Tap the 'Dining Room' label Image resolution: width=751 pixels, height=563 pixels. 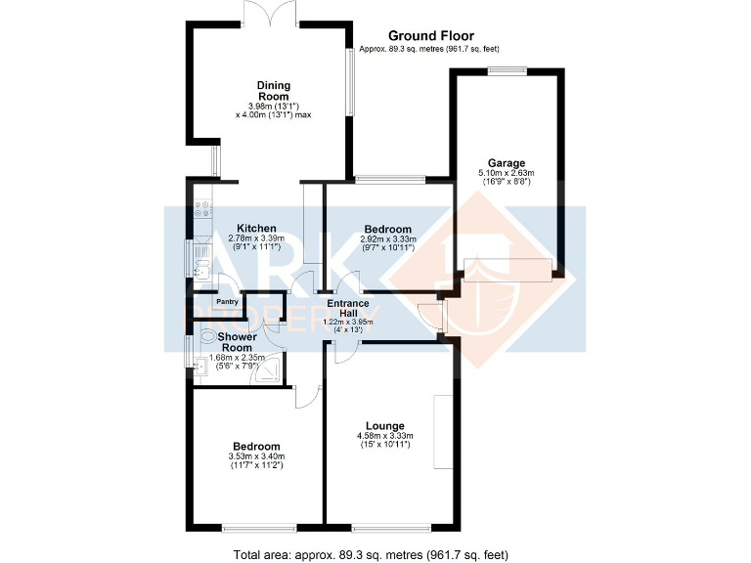point(273,91)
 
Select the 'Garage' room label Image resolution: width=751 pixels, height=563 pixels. point(507,163)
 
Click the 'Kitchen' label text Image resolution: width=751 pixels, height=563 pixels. point(242,228)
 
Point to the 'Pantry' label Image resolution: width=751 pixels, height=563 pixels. point(227,302)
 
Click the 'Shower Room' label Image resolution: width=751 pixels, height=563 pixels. point(236,342)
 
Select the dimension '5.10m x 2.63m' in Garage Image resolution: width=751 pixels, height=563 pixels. point(507,173)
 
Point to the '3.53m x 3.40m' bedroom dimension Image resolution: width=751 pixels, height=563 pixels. point(256,455)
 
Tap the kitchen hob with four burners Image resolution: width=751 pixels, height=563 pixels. point(204,208)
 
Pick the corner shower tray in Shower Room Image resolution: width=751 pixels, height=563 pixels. point(273,372)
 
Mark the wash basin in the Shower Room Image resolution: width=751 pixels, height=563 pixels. point(199,368)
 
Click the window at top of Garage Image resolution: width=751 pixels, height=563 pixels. point(507,69)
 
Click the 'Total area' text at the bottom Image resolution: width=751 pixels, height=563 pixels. point(371,554)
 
